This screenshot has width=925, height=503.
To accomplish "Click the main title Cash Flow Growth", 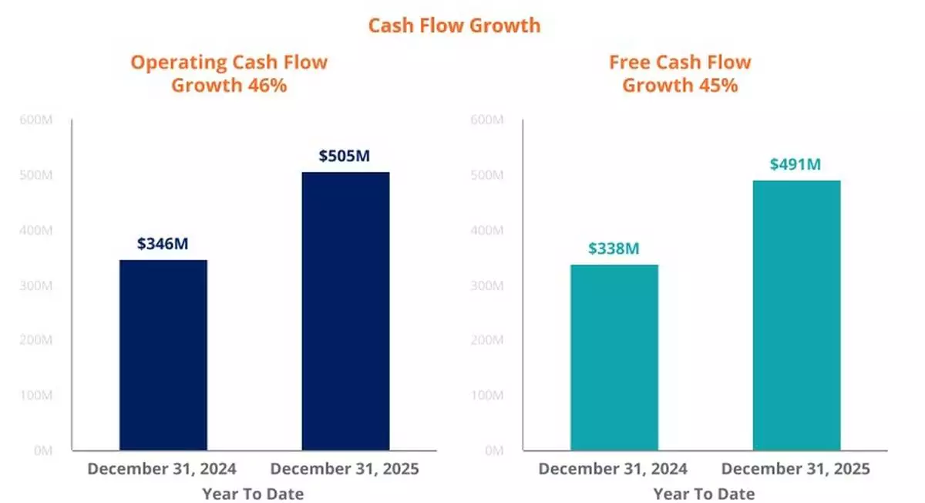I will (454, 25).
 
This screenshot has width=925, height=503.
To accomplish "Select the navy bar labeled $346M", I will (163, 355).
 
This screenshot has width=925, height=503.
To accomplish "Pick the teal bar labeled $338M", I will (614, 357).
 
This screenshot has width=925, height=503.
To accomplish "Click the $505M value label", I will (345, 156).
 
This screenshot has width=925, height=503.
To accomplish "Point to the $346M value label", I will (163, 244).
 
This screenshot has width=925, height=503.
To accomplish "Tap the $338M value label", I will (614, 248).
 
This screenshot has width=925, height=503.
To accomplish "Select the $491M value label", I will (795, 164).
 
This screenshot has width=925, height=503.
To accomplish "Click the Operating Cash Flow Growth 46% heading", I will (229, 73).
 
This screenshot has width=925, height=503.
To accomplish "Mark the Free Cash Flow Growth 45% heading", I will (680, 73).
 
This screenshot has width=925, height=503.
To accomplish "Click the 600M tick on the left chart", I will (37, 120).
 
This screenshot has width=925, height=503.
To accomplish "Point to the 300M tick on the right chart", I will (487, 285).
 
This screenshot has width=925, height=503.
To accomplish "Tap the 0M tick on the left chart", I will (42, 451).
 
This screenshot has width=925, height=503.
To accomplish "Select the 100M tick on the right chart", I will (487, 396).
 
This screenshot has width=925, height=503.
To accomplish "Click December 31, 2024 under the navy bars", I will (162, 468).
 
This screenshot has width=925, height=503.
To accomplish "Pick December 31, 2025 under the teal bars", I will (795, 468).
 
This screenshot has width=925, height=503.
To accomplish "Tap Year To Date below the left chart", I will (253, 493).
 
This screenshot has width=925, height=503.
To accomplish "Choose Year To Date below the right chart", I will (704, 493).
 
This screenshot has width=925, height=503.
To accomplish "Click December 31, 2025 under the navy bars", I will (345, 468).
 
